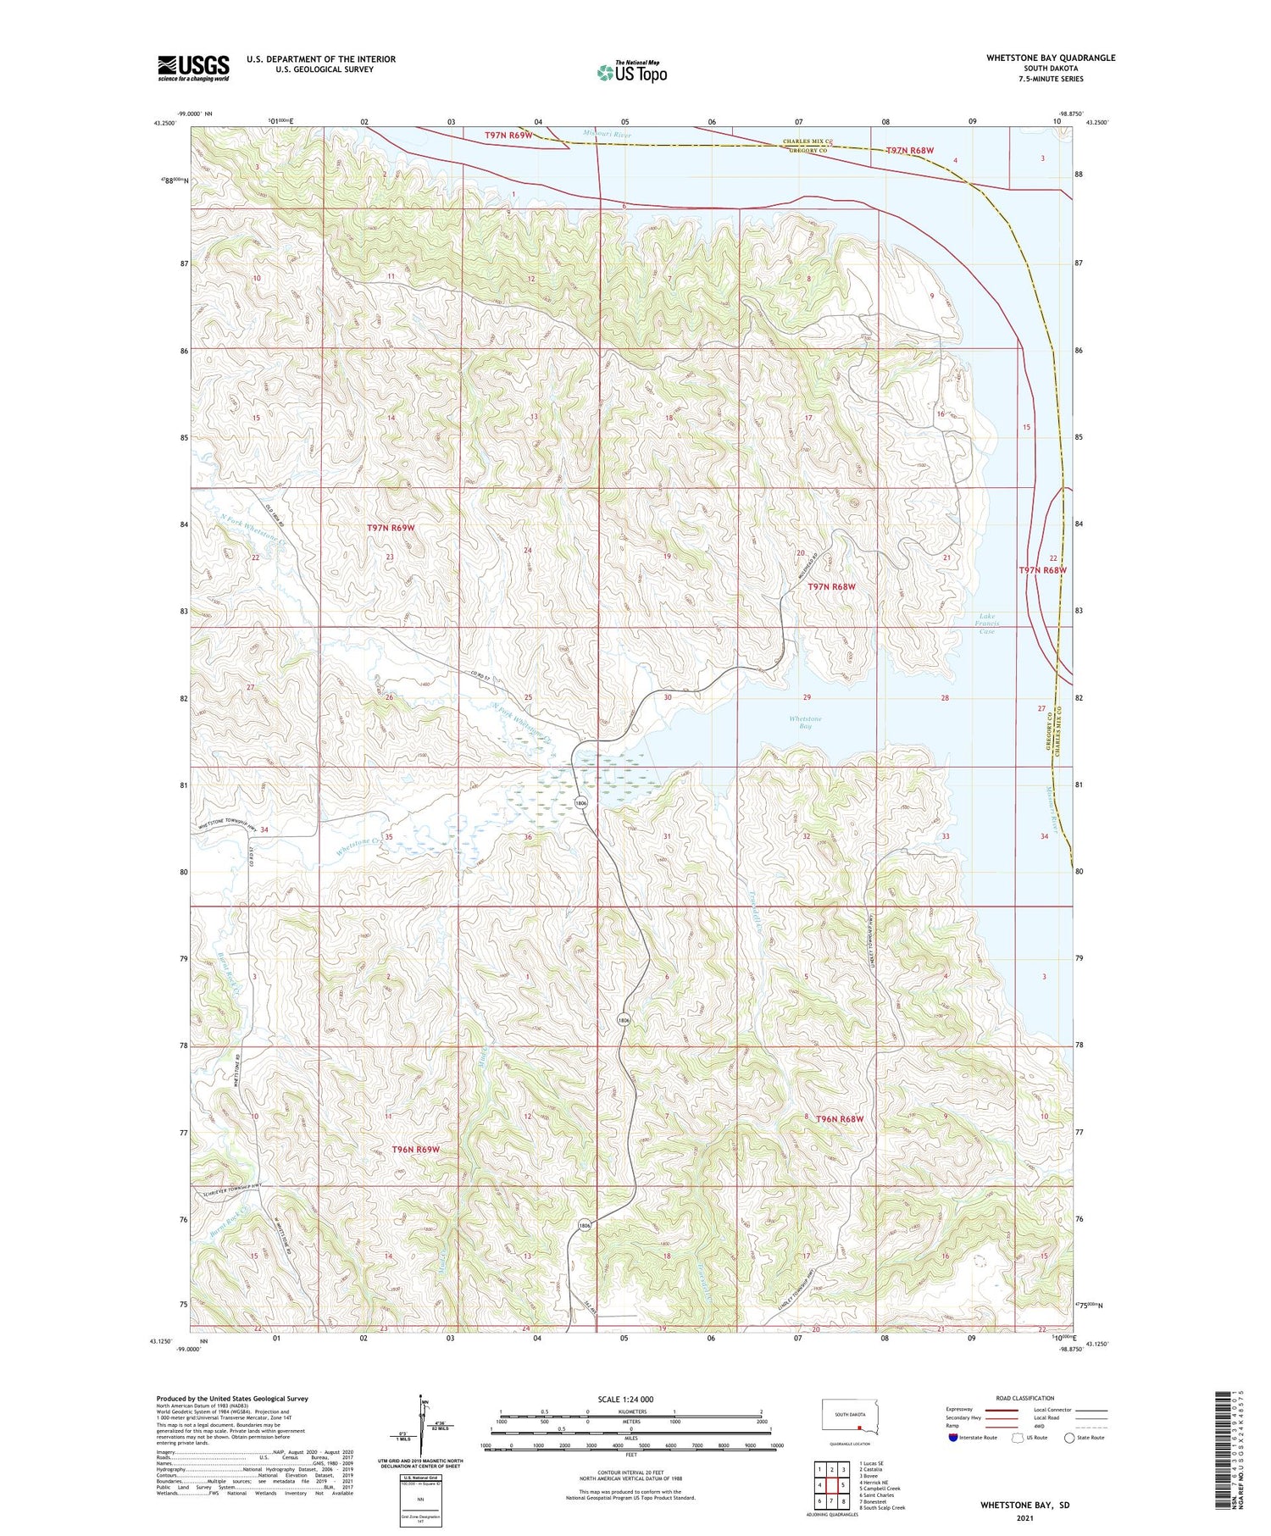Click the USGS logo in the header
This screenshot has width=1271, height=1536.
[193, 68]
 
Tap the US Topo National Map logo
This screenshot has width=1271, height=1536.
[631, 72]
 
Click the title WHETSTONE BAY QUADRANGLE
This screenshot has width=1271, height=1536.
[1050, 58]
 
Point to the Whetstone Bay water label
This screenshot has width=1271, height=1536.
[805, 722]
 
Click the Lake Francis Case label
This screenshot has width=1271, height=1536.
[986, 624]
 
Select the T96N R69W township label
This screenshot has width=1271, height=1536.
[416, 1149]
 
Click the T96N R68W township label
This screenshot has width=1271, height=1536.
[839, 1119]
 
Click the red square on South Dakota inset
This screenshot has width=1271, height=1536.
[858, 1426]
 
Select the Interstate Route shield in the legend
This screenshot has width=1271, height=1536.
[953, 1438]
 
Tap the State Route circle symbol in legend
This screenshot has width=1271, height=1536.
[1070, 1438]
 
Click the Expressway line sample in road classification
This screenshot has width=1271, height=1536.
[1007, 1410]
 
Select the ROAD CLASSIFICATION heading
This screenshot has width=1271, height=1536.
[1025, 1398]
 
